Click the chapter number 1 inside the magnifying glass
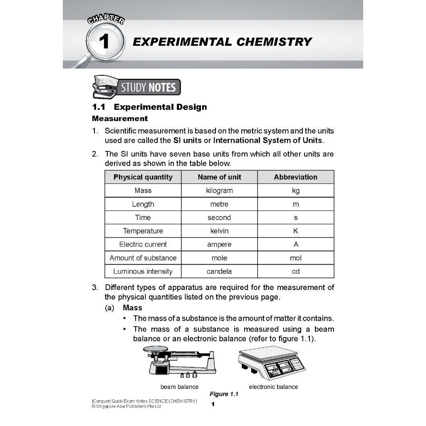click(x=104, y=42)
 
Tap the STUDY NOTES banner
click(x=148, y=87)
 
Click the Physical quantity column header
click(x=143, y=177)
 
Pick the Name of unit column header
click(x=219, y=177)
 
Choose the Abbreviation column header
click(x=295, y=177)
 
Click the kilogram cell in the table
click(x=219, y=191)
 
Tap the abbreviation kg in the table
click(x=295, y=191)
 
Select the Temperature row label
click(x=143, y=231)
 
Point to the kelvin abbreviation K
click(x=295, y=231)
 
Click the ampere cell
click(x=219, y=244)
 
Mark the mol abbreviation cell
click(x=295, y=258)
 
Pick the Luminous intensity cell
click(x=143, y=271)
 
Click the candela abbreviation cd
click(x=295, y=271)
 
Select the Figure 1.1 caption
click(x=224, y=394)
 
